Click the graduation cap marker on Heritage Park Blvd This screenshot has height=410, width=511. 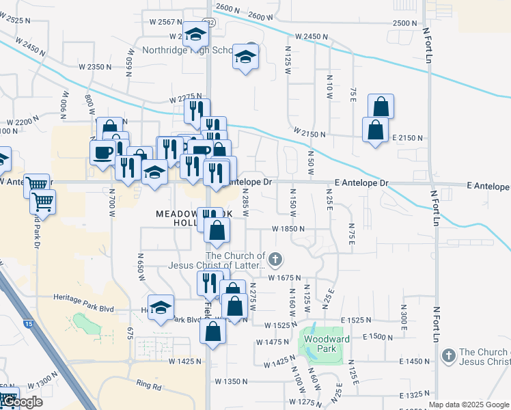click(x=161, y=307)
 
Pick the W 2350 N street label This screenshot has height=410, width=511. click(x=95, y=67)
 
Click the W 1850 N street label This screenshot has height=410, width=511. click(x=288, y=229)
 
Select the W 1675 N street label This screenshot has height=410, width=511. click(x=286, y=278)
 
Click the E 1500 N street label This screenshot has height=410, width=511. click(x=384, y=337)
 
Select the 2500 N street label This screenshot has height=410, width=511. click(x=404, y=23)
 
